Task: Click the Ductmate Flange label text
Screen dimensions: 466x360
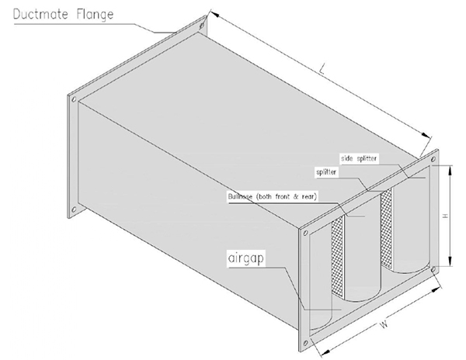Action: [64, 15]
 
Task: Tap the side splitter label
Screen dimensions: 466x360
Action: [359, 158]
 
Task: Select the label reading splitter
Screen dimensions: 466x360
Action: [326, 172]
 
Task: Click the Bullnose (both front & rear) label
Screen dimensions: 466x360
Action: [273, 196]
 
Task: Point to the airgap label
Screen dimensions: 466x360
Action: [246, 258]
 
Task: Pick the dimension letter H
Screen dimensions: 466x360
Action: [445, 216]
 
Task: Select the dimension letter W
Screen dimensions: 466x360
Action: [384, 324]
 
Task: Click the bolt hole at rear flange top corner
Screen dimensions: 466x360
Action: [202, 26]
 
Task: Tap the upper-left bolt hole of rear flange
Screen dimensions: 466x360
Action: [74, 99]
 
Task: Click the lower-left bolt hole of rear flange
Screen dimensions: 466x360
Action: [74, 209]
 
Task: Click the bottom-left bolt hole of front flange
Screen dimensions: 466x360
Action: [305, 344]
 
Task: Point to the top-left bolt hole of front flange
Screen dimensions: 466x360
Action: [305, 234]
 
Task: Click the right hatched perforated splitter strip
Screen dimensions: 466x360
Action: [386, 227]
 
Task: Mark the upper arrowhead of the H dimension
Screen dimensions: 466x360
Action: [450, 171]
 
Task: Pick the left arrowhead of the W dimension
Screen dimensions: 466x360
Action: [325, 352]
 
